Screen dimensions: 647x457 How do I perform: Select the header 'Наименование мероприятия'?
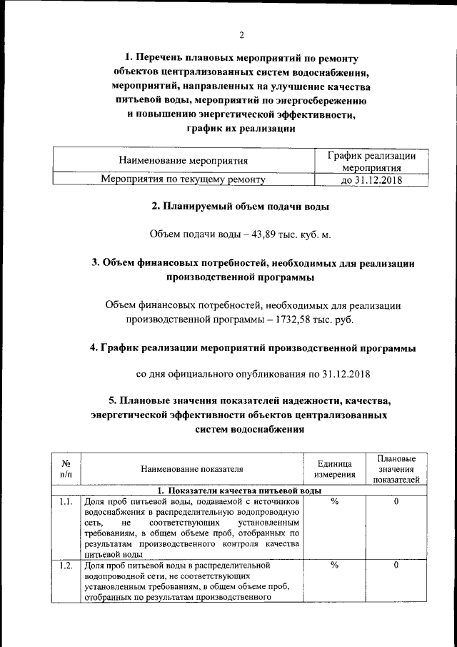click(x=184, y=161)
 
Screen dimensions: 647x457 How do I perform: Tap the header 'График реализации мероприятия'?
click(x=371, y=162)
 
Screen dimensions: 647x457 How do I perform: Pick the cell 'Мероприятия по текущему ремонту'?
click(x=184, y=180)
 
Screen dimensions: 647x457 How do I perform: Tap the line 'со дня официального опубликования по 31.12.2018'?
click(x=253, y=373)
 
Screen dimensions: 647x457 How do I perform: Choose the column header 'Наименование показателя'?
click(x=192, y=469)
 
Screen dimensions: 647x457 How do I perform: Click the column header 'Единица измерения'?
click(x=333, y=469)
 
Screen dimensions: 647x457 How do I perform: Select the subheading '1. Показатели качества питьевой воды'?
click(x=238, y=490)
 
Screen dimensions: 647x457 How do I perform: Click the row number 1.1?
click(x=66, y=502)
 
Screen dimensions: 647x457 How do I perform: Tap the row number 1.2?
click(x=66, y=565)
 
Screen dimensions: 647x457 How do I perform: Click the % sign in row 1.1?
click(x=333, y=502)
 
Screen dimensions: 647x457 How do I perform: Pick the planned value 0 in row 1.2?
click(x=396, y=565)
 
